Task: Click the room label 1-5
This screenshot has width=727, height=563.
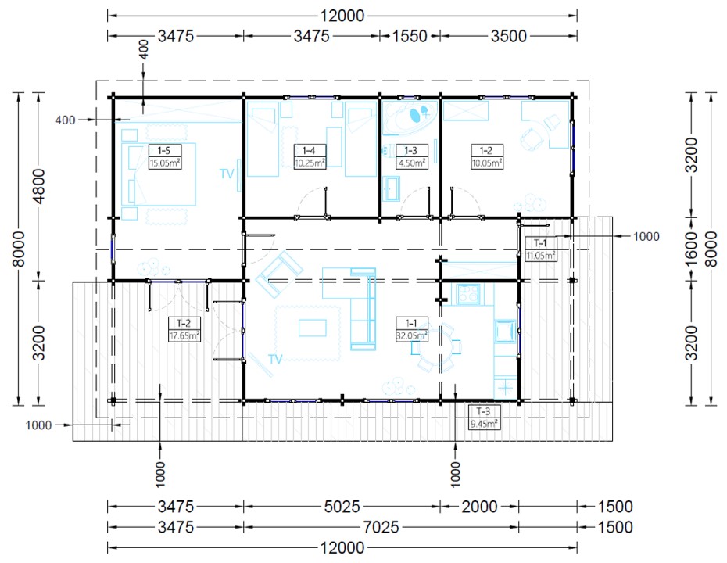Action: coord(164,150)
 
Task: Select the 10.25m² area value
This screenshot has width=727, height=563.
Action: coord(310,163)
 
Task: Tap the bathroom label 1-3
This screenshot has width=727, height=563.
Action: coord(410,150)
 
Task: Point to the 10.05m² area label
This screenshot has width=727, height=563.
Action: coord(487,163)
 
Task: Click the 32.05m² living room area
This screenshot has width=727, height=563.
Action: coord(412,335)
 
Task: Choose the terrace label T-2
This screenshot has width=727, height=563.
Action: coord(184,323)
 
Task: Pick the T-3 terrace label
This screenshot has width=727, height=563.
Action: coord(483,411)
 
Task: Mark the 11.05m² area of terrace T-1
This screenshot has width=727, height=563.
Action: coord(541,255)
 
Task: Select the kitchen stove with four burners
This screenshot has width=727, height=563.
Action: coord(467,293)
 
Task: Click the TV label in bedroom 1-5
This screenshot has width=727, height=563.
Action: coord(226,174)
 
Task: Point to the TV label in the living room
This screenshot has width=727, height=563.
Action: coord(275,360)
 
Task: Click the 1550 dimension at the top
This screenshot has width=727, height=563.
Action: coord(410,36)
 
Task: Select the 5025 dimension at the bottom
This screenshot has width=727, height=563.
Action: coord(342,507)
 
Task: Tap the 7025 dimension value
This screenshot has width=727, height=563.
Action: coord(381,527)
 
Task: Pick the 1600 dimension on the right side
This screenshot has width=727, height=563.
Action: coord(691,249)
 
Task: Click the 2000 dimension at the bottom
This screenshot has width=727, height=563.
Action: coord(479,507)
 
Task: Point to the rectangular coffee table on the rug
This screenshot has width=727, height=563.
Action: coord(313,328)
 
